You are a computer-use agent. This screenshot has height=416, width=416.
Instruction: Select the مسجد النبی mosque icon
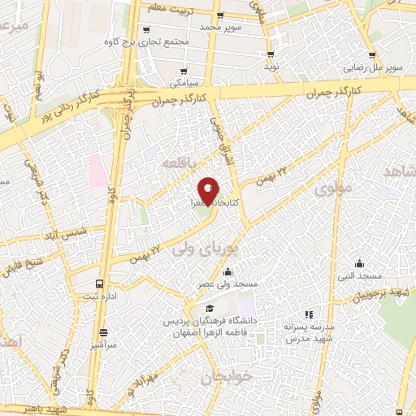click(360, 263)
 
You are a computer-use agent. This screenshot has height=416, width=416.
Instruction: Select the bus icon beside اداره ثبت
click(99, 284)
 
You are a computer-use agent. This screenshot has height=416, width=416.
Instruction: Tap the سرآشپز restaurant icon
click(103, 332)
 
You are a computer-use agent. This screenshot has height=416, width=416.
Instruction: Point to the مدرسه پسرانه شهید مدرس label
click(311, 331)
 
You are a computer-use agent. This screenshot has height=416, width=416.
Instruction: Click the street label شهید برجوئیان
click(387, 293)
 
